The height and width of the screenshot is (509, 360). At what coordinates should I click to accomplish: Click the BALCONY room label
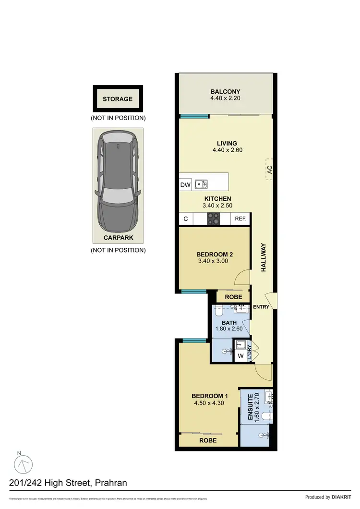coord(225,92)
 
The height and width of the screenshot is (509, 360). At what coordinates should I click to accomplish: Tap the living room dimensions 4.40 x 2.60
coord(225,150)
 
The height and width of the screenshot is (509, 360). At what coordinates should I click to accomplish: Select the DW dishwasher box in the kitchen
coord(185,184)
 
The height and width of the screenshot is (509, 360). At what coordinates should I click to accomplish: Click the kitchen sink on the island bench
coord(201,184)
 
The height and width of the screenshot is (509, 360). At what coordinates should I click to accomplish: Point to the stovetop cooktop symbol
coord(214,219)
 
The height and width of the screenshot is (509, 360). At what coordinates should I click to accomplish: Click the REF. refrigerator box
coord(240,219)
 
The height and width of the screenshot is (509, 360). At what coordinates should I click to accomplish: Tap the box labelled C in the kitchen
coord(186,219)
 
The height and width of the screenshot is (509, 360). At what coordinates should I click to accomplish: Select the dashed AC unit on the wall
coord(270,169)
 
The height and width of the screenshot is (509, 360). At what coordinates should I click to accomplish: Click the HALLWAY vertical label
coord(263,258)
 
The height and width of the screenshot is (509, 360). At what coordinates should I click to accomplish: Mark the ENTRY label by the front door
coord(261,307)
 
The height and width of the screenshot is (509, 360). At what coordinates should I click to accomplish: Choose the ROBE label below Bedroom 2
coord(233,297)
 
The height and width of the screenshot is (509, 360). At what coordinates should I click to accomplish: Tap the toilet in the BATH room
coord(217,312)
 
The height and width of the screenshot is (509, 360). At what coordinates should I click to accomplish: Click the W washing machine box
coord(240,356)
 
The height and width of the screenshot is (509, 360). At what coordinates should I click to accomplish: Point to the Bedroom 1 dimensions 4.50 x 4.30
coord(209,403)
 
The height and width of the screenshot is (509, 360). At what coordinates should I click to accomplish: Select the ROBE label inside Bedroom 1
coord(208,440)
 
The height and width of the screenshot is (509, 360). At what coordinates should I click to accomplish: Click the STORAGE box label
coord(118,99)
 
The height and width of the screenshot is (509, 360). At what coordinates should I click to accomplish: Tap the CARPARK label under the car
coord(118,238)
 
